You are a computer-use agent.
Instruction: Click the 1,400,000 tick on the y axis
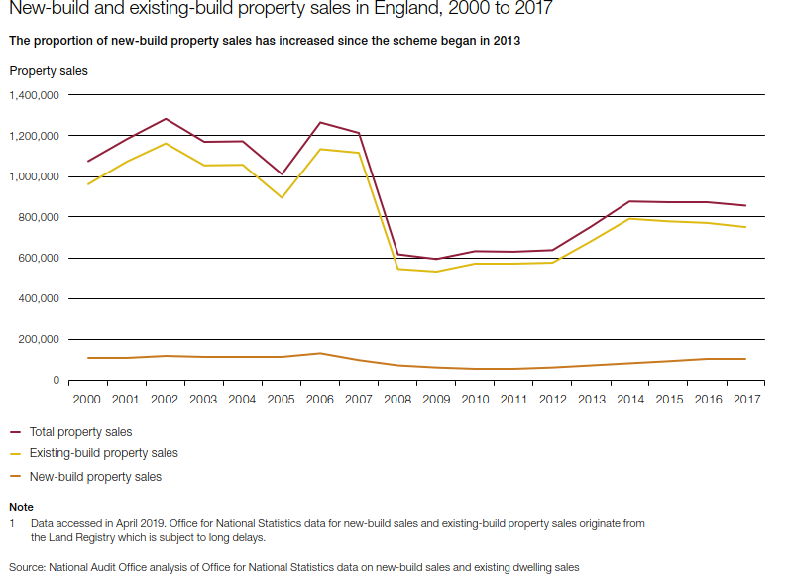pos(34,95)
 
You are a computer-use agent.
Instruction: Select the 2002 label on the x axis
pos(166,400)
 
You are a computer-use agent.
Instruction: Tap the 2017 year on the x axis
pos(746,400)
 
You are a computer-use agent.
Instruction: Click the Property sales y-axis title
pos(49,71)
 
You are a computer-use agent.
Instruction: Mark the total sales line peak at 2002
pos(166,119)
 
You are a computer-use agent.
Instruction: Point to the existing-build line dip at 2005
pos(283,197)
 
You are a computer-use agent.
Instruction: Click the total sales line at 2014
pos(629,201)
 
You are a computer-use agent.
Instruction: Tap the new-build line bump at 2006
pos(318,353)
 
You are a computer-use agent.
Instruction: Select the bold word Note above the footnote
pos(20,507)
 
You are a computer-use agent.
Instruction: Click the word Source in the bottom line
pos(28,567)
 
